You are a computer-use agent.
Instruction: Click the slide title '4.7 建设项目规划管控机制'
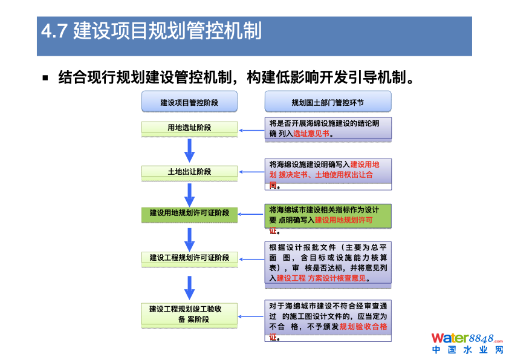pos(151,31)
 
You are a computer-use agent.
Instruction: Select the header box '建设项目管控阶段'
pos(189,102)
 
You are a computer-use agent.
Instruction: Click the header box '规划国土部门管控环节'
pos(328,102)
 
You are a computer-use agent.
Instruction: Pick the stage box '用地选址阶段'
pos(189,128)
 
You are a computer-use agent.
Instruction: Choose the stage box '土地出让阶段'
pos(189,172)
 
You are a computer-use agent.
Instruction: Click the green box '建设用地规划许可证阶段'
pos(189,214)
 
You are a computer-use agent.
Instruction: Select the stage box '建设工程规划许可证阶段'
pos(189,258)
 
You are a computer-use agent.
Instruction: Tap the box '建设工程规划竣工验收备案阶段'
pos(189,314)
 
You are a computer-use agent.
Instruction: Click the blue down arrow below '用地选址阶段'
pos(189,151)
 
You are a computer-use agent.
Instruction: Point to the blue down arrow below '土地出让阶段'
pos(189,194)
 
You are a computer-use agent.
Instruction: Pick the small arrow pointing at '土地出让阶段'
pos(251,172)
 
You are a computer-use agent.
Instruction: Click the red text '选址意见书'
pos(311,133)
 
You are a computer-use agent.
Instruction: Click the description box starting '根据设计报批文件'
pos(328,263)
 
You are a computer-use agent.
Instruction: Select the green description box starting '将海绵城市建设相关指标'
pos(328,216)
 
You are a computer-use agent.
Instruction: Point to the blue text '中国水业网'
pos(467,350)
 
